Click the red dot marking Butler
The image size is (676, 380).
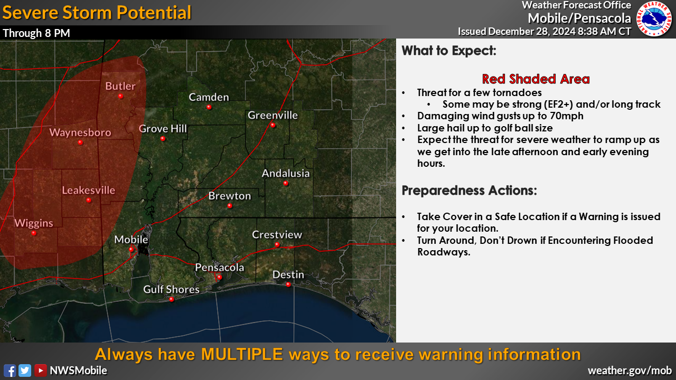point(121,96)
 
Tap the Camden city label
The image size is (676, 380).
point(209,97)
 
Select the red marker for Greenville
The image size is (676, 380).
point(273,125)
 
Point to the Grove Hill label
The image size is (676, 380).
point(163,129)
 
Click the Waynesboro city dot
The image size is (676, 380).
point(80,142)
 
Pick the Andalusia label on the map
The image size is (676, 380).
point(286,174)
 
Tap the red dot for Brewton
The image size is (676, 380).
point(230,206)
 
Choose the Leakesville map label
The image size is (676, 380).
point(88,191)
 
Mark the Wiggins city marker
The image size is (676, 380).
point(34,233)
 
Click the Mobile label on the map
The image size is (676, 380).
point(131,240)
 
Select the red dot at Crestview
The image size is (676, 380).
point(277,244)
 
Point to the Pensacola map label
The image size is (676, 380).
point(220,268)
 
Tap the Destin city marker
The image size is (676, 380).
point(288,284)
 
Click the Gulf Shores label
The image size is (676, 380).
point(172,290)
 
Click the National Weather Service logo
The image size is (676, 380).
point(654,18)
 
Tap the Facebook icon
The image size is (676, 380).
point(10,370)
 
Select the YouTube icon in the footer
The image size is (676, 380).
point(41,370)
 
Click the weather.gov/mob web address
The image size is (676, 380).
point(630,370)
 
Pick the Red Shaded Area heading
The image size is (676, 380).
point(536,79)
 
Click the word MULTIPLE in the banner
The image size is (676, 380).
point(242,354)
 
